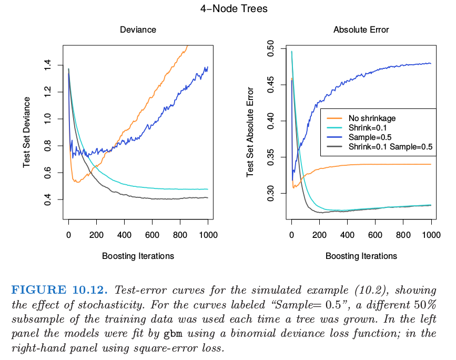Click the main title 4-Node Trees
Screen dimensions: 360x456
(x=228, y=9)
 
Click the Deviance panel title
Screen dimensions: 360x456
(x=138, y=30)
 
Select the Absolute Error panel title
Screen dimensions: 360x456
(x=361, y=30)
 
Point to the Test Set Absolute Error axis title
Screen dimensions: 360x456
(x=250, y=132)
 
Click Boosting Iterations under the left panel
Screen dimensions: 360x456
(x=138, y=256)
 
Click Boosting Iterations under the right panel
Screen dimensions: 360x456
(x=361, y=256)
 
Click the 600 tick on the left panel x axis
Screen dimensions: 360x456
(x=152, y=236)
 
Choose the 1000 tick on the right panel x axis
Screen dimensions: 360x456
(x=431, y=236)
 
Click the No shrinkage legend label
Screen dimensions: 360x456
(x=372, y=118)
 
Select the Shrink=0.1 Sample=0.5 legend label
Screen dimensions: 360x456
(x=390, y=147)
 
